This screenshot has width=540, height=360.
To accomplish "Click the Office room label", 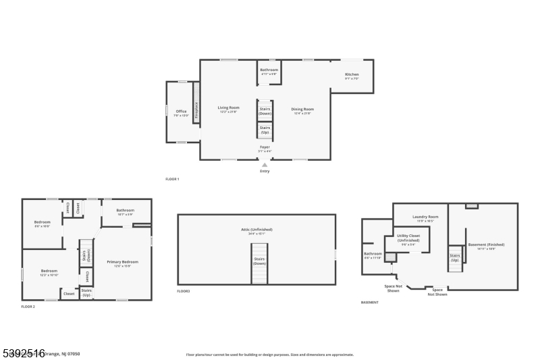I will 181,112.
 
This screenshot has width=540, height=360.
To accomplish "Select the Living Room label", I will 228,109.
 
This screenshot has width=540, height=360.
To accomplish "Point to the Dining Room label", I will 302,110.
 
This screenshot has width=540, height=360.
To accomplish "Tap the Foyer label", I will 265,148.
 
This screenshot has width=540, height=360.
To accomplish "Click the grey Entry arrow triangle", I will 265,164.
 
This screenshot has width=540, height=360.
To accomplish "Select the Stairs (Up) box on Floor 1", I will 265,130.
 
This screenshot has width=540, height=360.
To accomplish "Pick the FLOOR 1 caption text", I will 172,179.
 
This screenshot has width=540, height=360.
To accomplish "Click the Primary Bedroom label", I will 122,263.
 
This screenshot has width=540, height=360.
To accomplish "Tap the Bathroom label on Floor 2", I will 125,211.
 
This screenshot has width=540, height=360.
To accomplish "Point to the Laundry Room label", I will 425,218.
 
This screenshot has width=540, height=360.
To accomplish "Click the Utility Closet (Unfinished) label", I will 408,239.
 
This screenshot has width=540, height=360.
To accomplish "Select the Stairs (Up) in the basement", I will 455,257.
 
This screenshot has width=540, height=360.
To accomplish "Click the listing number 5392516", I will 23,353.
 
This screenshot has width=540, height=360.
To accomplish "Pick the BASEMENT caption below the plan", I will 369,303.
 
